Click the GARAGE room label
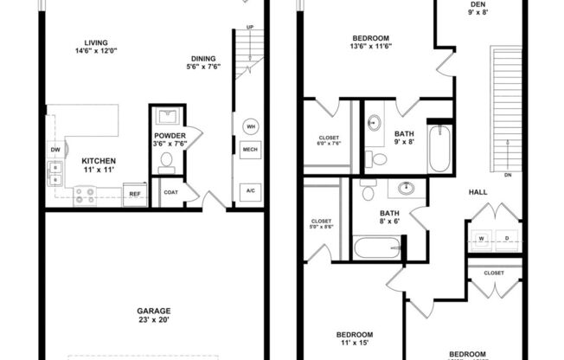tap(152, 311)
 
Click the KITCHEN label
tap(99, 161)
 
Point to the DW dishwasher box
tap(55, 150)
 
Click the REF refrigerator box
tap(134, 195)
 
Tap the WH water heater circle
tap(250, 126)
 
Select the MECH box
tap(250, 150)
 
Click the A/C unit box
tap(250, 190)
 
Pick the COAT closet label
tap(170, 192)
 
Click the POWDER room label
tap(170, 136)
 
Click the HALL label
tap(477, 192)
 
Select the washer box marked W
tap(482, 238)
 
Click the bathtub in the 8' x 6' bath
tap(377, 248)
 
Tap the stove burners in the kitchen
tap(84, 196)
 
